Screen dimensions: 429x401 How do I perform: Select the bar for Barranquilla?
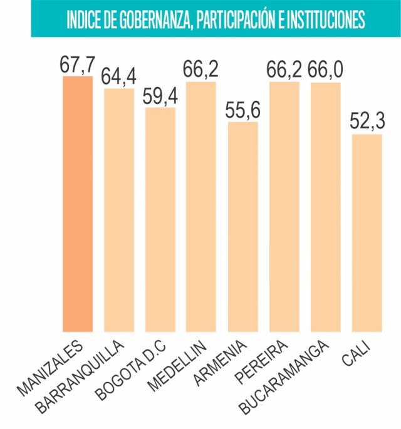tap(119, 210)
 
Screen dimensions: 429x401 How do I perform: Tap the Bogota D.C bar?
tap(160, 219)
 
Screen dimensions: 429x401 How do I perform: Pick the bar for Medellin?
tap(201, 207)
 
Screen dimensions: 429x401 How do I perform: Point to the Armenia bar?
tap(243, 226)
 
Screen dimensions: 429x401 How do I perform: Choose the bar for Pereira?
tap(284, 207)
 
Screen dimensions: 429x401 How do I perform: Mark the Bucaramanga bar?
tap(326, 207)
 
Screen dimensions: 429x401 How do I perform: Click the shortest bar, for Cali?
tap(367, 232)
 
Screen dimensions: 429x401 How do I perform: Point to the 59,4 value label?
tap(160, 98)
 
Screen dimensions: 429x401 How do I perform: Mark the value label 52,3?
tap(367, 123)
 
